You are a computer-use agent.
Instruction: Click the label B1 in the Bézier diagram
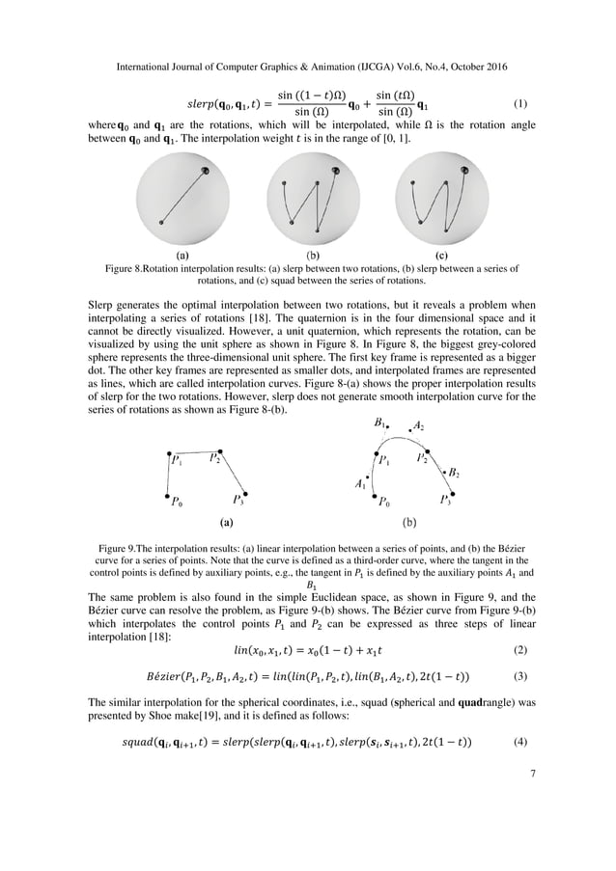pos(381,423)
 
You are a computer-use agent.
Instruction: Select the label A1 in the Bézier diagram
pos(360,481)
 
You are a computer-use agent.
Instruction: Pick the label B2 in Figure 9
pos(453,474)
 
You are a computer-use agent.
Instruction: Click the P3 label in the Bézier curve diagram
pos(446,500)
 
